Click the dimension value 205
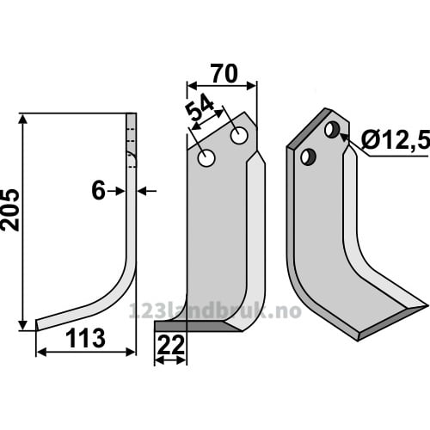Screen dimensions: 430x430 [x=10, y=210]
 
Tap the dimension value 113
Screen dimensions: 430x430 [x=85, y=339]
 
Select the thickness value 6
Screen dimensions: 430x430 [x=98, y=191]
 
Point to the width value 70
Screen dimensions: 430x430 [x=224, y=74]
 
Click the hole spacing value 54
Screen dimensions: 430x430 [x=200, y=108]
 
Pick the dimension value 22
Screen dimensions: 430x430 [x=171, y=345]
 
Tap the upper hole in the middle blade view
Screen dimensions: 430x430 [x=239, y=136]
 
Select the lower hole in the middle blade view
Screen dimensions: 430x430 [x=206, y=158]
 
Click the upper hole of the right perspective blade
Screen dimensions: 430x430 [x=332, y=130]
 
